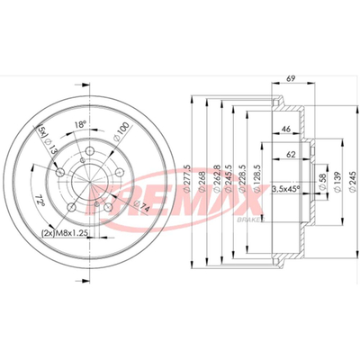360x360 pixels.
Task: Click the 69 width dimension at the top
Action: click(291, 78)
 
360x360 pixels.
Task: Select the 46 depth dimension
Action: click(286, 129)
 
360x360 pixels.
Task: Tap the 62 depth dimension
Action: click(291, 155)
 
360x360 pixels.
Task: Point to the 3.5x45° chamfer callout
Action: click(286, 190)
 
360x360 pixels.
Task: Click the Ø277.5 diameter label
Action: click(186, 179)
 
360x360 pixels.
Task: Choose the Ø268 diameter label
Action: click(202, 182)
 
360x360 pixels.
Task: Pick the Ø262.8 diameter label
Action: click(217, 179)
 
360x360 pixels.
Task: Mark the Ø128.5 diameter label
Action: click(256, 179)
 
